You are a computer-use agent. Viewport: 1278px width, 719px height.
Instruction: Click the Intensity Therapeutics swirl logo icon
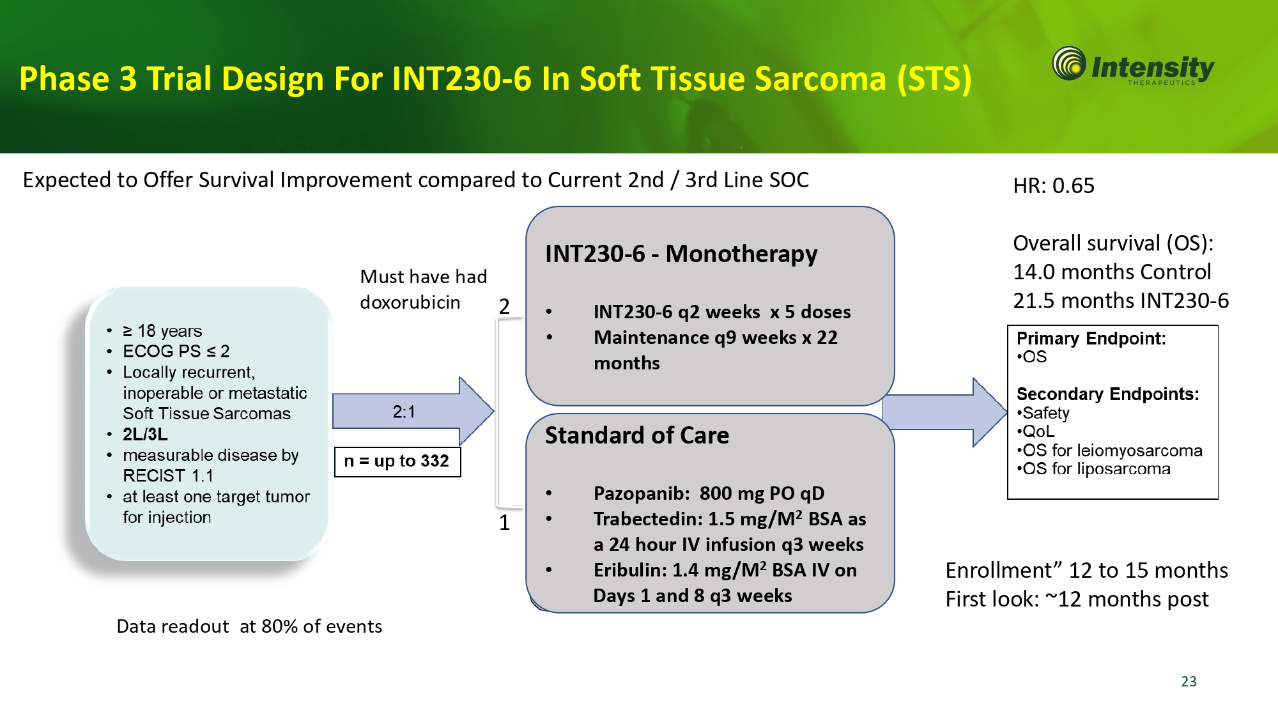click(1069, 64)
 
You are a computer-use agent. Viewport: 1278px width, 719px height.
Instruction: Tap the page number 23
click(1189, 681)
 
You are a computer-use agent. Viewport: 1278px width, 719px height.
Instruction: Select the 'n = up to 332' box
click(397, 461)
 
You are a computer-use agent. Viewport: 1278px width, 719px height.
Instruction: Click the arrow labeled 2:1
click(409, 412)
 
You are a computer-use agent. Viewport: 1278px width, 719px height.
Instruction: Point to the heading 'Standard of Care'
click(636, 436)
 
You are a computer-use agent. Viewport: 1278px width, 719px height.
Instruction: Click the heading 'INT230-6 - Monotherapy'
click(681, 254)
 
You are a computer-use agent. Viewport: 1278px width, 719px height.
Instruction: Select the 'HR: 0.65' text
click(1053, 186)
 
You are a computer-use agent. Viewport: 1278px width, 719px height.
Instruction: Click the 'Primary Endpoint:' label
click(1091, 339)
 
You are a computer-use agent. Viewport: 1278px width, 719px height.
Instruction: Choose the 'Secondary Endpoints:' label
click(1107, 394)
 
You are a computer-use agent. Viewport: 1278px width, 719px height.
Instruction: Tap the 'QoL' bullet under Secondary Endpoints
click(1038, 432)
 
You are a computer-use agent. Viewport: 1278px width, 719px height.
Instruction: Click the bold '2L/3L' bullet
click(145, 435)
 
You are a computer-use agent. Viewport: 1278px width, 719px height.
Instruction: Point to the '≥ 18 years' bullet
click(162, 331)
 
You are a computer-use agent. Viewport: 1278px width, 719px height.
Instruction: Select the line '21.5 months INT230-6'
click(1120, 301)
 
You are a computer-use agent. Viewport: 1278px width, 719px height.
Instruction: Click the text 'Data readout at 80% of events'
click(249, 627)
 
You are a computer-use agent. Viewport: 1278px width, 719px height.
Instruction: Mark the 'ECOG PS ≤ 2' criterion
click(176, 352)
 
